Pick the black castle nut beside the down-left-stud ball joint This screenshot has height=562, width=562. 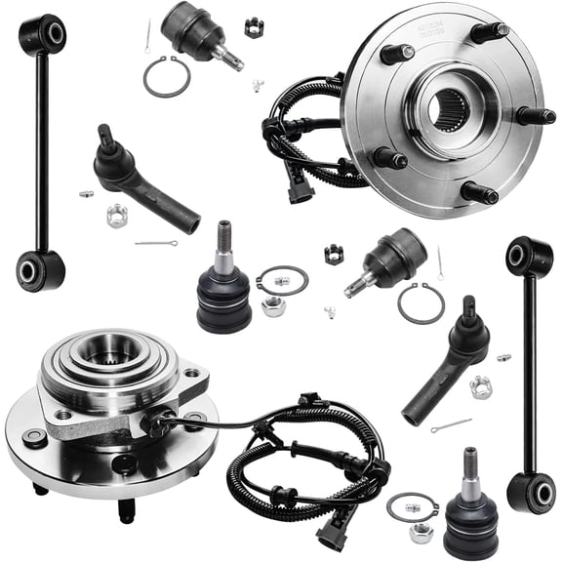pos(334,256)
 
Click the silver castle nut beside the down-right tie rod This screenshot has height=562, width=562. pos(116,215)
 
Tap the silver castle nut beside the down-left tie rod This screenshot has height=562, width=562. pos(480,387)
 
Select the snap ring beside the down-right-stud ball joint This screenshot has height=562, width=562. pos(166,77)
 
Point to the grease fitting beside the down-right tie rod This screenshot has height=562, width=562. pos(87,193)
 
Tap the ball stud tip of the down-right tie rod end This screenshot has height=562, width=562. pos(107,136)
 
